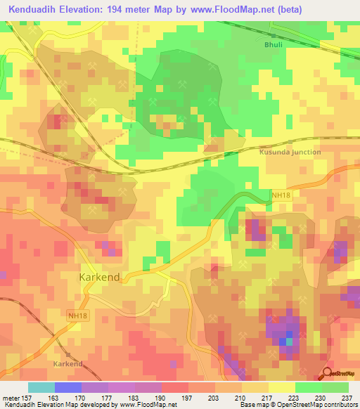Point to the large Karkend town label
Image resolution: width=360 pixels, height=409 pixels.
pyautogui.click(x=99, y=277)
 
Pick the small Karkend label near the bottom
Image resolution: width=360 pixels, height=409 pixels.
pyautogui.click(x=68, y=364)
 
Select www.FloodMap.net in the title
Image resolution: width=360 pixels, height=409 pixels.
pyautogui.click(x=245, y=10)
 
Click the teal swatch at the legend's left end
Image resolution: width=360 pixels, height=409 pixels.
pyautogui.click(x=41, y=387)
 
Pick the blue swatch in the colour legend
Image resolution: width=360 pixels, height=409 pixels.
pyautogui.click(x=67, y=387)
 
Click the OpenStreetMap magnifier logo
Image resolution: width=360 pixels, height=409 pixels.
pyautogui.click(x=328, y=373)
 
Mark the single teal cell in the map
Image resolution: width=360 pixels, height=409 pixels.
pyautogui.click(x=288, y=342)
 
